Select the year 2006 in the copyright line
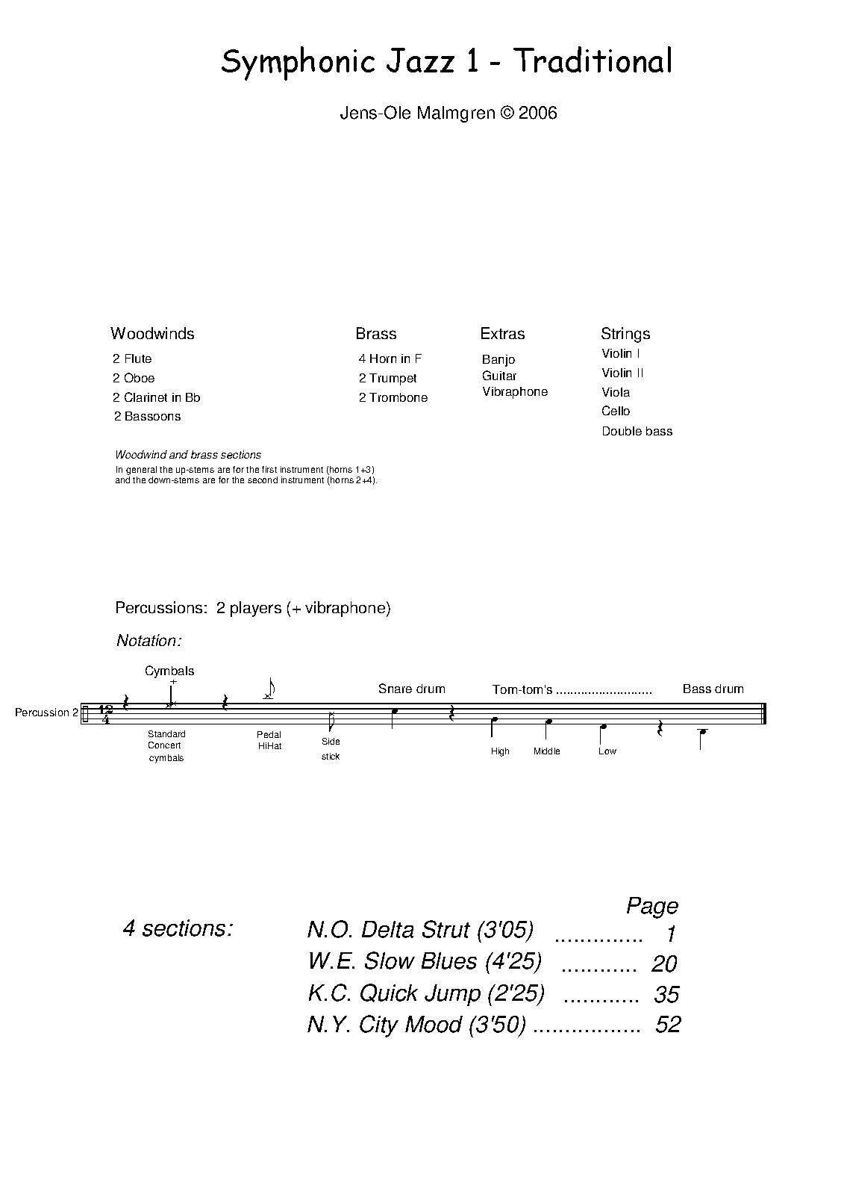538,114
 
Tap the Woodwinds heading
152,334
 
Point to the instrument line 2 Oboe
134,378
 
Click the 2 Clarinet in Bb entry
157,397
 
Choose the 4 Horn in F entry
390,358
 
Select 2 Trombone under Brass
393,397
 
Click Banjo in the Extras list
498,359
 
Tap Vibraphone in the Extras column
515,391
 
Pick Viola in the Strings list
616,392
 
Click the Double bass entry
637,431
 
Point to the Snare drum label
411,689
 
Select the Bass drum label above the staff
713,689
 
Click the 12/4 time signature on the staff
106,714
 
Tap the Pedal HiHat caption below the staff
269,740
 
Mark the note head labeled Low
604,726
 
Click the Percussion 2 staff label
46,713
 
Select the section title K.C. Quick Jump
425,993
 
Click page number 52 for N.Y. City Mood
668,1024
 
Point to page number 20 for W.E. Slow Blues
663,963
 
